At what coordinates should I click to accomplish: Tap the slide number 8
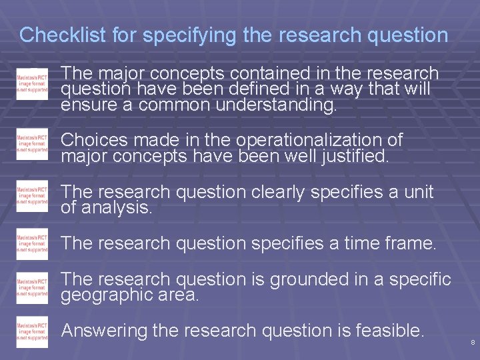pyautogui.click(x=473, y=342)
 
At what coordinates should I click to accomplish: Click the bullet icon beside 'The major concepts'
pyautogui.click(x=32, y=83)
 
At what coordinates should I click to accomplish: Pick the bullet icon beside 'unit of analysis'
pyautogui.click(x=32, y=196)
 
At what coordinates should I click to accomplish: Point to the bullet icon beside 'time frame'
pyautogui.click(x=32, y=245)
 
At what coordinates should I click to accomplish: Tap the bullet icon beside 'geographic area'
pyautogui.click(x=32, y=287)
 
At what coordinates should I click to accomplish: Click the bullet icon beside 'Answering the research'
pyautogui.click(x=32, y=333)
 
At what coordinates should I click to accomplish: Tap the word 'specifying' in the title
pyautogui.click(x=189, y=35)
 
